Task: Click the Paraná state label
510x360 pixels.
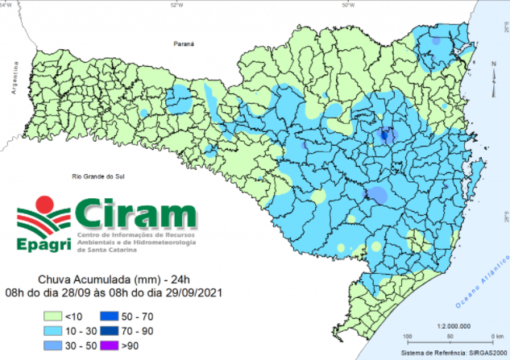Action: [x=185, y=48]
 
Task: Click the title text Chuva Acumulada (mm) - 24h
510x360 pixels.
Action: [x=113, y=279]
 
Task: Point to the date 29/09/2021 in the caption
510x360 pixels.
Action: [x=193, y=292]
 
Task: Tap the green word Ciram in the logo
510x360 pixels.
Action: [x=137, y=216]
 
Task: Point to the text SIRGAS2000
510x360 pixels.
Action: [x=485, y=354]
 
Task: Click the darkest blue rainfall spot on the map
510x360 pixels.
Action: [x=384, y=135]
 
